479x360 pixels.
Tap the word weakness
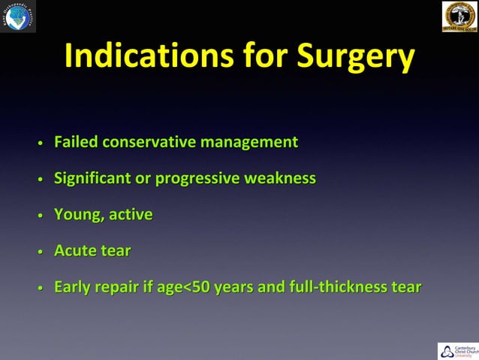(x=280, y=179)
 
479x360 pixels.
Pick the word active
(x=131, y=215)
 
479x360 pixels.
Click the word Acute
(x=75, y=251)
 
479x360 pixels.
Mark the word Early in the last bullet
(x=73, y=287)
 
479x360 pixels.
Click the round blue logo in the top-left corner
(x=18, y=17)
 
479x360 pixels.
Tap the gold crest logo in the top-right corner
(x=459, y=17)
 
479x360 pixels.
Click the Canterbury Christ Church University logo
(x=457, y=350)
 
